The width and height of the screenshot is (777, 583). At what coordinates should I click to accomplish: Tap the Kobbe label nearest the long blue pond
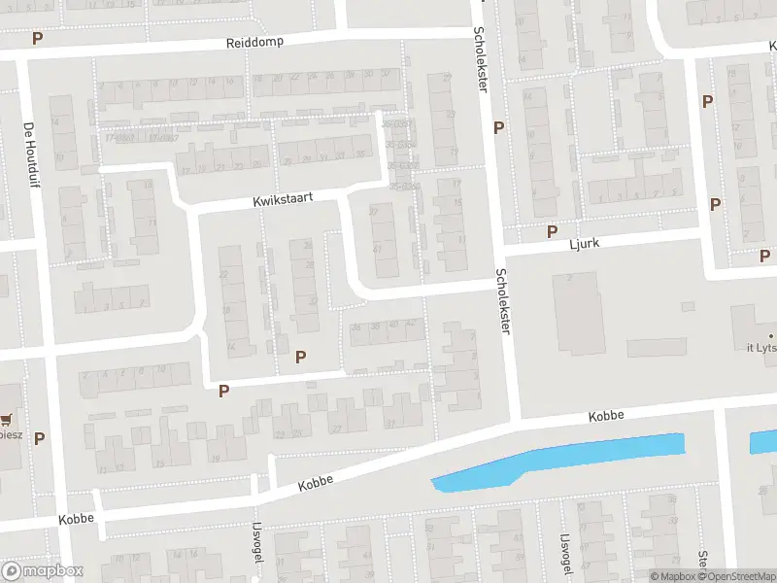605,416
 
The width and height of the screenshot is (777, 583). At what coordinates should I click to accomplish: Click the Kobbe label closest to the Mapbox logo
76,518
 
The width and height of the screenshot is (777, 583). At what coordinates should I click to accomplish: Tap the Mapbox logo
43,571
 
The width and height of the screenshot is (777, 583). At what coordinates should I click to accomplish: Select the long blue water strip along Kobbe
563,459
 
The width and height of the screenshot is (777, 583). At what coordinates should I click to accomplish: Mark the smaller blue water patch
762,443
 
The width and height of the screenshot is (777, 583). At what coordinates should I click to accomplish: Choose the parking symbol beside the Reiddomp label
38,39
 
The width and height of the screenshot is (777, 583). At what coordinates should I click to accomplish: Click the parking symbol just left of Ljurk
552,231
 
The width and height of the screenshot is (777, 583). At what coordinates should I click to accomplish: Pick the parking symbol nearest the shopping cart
40,438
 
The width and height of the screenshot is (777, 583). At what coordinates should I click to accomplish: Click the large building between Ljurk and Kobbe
578,313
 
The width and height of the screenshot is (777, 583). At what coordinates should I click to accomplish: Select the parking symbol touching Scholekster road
498,127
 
